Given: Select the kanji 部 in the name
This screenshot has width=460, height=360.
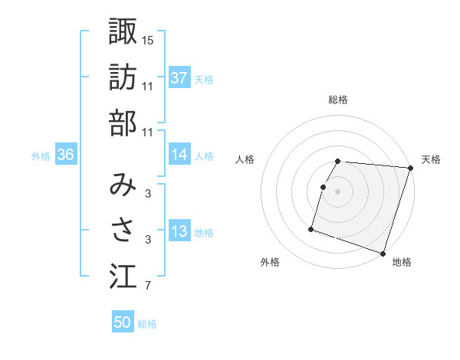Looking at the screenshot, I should click(123, 123).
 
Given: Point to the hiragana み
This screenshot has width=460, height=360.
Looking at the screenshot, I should click(123, 183).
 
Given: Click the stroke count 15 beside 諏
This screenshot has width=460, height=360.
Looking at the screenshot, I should click(148, 40).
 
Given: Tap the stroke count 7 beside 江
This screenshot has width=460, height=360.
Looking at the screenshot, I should click(148, 287).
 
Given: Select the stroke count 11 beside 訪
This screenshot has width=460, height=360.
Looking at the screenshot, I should click(148, 86).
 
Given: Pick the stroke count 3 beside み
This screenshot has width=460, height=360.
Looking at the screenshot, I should click(148, 193).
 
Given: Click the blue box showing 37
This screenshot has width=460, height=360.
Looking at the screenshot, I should click(179, 77).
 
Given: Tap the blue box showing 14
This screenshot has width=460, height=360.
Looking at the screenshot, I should click(179, 155).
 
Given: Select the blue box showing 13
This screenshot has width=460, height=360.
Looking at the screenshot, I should click(179, 231).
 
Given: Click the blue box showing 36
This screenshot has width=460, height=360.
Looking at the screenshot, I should click(66, 155).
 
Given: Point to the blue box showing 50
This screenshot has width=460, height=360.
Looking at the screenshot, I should click(123, 322).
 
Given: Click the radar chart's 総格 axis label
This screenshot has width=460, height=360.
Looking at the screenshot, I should click(338, 100).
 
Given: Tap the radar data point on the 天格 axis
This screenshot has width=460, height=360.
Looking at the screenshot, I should click(410, 168).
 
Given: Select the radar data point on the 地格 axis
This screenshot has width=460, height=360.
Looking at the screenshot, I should click(383, 253).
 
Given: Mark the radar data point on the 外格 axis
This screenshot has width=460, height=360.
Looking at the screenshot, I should click(311, 228).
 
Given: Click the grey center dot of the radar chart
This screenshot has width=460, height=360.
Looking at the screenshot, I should click(338, 191).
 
